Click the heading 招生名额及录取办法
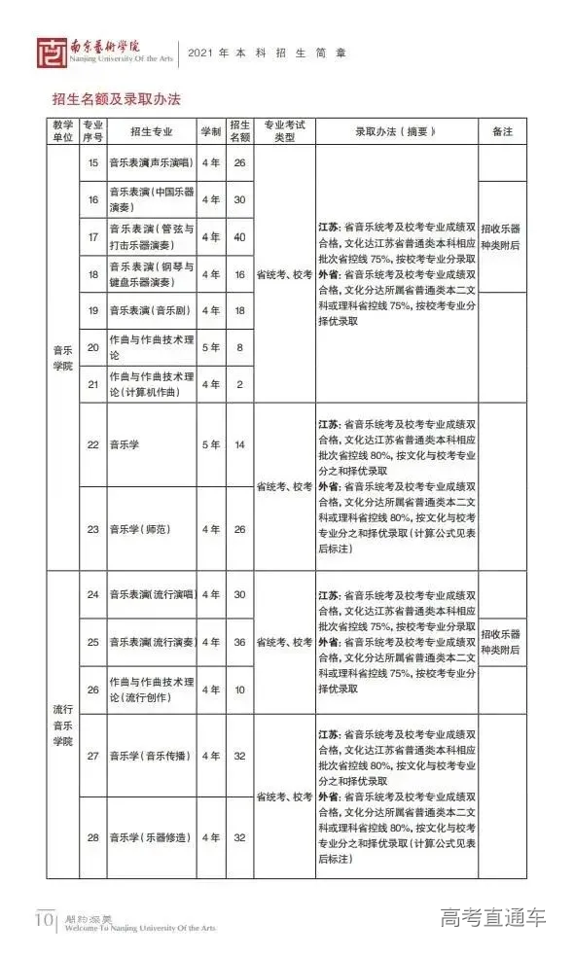tap(117, 99)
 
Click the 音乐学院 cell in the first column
tap(62, 357)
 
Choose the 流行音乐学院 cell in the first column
tap(62, 718)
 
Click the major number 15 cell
tap(93, 162)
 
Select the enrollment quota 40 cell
tap(239, 237)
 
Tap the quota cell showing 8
tap(239, 347)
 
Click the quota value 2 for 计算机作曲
tap(239, 384)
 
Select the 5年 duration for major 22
tap(210, 444)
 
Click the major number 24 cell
tap(93, 594)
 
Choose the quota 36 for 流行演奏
tap(239, 642)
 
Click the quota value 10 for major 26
tap(239, 690)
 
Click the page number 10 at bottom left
tap(45, 919)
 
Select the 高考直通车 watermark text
tap(493, 917)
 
